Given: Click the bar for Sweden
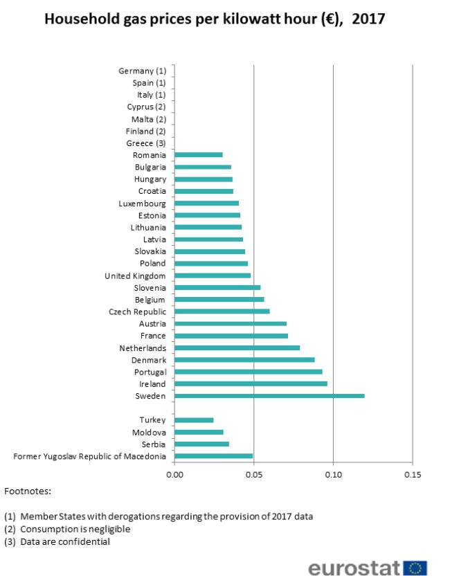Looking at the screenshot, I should (x=269, y=396).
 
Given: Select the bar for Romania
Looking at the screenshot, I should (x=199, y=155).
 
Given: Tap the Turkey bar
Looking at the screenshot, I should (x=194, y=420).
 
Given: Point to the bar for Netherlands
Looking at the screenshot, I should (x=237, y=347).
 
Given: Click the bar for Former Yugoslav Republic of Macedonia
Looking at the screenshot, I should (x=213, y=456).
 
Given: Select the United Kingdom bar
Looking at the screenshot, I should (x=213, y=276).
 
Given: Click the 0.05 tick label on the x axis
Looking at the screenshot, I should (x=254, y=474).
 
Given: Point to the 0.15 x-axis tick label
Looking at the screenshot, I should (x=412, y=474).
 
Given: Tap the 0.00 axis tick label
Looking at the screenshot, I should (x=175, y=474).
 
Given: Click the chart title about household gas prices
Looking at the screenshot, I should (x=215, y=19).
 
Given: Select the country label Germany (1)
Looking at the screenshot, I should (x=143, y=71).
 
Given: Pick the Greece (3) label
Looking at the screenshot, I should (x=146, y=143).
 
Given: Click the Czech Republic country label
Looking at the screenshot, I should (x=137, y=311).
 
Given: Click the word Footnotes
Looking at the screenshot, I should (x=28, y=491).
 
